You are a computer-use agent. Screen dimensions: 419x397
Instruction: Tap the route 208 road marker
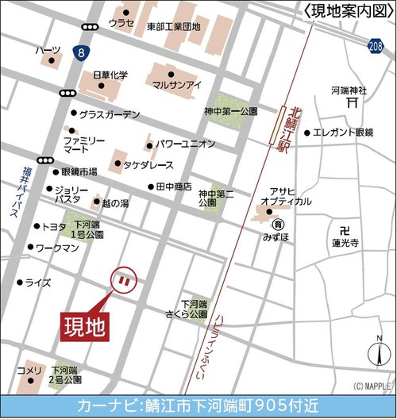[376, 48]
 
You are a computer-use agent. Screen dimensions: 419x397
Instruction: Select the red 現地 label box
[85, 327]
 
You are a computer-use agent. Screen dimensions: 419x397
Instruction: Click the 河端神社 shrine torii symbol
[351, 102]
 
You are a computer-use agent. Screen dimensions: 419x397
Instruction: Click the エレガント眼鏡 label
[347, 132]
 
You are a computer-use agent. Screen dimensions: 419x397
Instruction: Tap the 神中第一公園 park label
[229, 112]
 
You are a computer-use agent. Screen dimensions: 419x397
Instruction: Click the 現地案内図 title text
[348, 10]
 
